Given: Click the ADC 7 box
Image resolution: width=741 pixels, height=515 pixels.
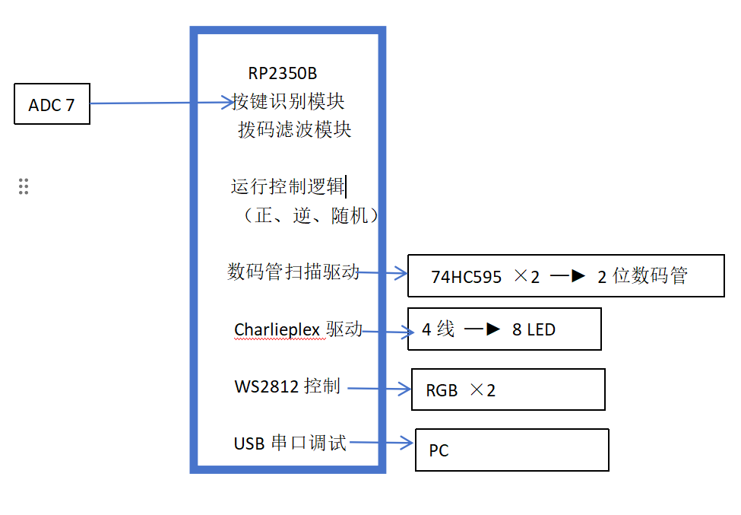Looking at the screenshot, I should tap(52, 104).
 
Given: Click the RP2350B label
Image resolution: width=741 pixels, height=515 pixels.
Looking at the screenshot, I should tap(282, 74).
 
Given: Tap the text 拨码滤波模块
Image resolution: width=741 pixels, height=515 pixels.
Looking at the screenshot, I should tap(294, 129).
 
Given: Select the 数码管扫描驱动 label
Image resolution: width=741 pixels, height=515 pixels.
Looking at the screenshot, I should tap(293, 272).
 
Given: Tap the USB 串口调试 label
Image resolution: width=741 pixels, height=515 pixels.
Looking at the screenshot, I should tap(290, 443).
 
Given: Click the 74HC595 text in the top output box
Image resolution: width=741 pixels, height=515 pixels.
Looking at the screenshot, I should tap(466, 277).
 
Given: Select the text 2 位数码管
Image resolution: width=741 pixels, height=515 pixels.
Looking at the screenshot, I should tap(641, 276).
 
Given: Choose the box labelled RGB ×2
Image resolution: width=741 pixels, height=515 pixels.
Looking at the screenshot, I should tap(508, 389).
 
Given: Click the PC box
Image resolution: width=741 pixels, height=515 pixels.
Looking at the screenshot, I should tap(511, 450).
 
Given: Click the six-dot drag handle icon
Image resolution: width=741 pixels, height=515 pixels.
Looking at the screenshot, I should tap(24, 186).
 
